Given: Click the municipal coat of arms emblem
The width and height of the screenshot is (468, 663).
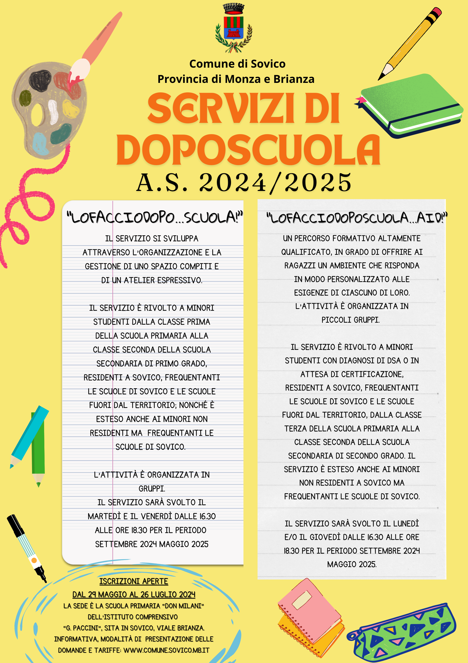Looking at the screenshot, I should (x=234, y=28).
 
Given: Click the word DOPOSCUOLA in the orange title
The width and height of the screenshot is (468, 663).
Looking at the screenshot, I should (x=248, y=150).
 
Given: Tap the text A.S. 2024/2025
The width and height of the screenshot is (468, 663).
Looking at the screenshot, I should (x=244, y=183).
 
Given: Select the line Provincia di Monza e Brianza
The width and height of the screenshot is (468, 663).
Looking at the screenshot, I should (x=236, y=79).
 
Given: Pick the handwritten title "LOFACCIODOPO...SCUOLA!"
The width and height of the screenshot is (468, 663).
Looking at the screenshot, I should (x=154, y=217).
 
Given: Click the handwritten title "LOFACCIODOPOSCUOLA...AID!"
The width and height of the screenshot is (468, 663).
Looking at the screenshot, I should (x=357, y=218).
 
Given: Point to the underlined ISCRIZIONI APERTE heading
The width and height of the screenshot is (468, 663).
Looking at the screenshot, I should (x=133, y=581).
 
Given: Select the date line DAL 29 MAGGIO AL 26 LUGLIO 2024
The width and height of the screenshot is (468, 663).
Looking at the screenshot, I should (x=133, y=594).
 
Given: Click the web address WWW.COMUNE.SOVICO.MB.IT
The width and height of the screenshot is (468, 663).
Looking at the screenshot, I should (x=166, y=650).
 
